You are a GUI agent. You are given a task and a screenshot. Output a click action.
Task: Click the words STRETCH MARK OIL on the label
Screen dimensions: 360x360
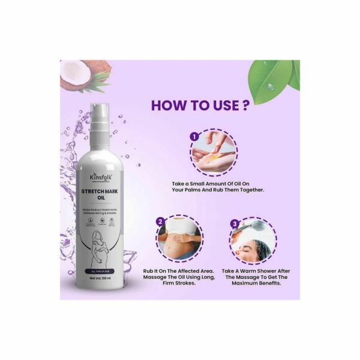tap(105, 197)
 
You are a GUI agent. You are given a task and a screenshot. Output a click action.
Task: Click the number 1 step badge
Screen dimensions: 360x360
tap(194, 137)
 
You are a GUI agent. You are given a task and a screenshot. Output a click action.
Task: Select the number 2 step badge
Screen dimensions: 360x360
tap(161, 221)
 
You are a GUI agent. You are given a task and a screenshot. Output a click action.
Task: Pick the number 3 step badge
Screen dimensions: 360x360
tap(235, 224)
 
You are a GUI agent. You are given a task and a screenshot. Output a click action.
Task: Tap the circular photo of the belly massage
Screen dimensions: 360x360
tap(181, 240)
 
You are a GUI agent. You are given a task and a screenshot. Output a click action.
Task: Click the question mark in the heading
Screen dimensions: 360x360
tap(244, 106)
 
